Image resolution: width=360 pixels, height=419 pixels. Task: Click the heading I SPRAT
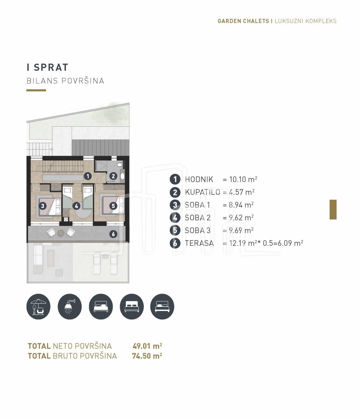pos(47,67)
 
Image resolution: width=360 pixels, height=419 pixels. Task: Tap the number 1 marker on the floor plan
pos(88,176)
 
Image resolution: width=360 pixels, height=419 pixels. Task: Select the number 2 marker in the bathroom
pos(113,176)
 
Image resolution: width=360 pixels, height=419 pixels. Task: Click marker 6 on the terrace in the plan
pos(113,234)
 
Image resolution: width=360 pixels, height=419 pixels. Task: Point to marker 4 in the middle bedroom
pos(76,206)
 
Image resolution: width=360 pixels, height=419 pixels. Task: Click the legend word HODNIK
pos(199,179)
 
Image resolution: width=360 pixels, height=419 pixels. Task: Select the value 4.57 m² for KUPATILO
pos(241,192)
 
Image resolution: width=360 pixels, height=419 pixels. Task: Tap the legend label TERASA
pos(199,243)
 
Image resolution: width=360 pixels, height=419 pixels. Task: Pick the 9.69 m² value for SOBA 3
pos(241,230)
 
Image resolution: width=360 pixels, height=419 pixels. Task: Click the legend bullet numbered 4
pos(175,218)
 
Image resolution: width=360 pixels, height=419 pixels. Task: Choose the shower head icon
pos(69,306)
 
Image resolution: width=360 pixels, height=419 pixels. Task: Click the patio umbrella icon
pos(38,306)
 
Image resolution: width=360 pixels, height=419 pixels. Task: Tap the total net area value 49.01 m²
pos(147,346)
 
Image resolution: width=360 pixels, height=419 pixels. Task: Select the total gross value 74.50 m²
pos(147,356)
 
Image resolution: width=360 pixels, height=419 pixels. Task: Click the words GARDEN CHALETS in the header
pos(243,21)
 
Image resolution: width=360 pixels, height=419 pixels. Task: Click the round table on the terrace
pos(61,233)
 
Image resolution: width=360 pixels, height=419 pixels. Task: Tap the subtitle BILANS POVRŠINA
pos(65,81)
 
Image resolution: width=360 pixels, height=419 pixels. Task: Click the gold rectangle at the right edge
pos(333,209)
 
